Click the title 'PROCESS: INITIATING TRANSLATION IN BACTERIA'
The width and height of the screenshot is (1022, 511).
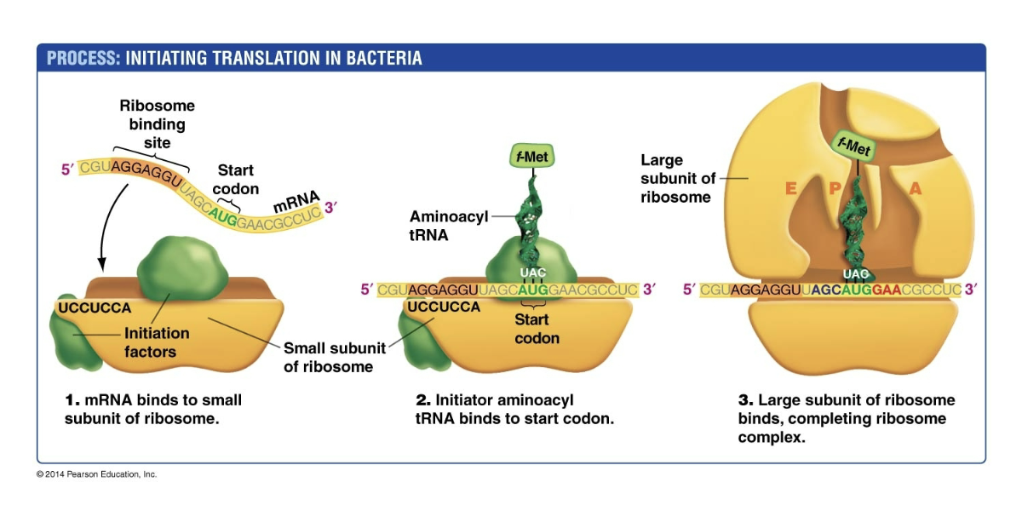coord(234,58)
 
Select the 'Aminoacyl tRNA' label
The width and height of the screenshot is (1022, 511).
coord(449,225)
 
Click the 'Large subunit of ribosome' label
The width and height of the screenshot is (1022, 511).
coord(675,178)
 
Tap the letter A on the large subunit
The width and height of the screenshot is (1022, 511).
coord(916,190)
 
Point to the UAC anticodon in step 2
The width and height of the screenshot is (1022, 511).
coord(532,273)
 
